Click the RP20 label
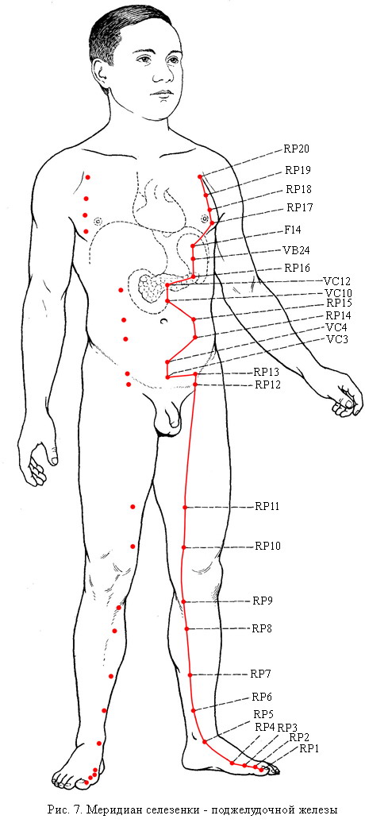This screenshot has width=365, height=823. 296,149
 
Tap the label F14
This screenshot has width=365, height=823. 293,230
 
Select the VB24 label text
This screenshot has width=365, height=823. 297,250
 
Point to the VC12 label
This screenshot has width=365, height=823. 336,281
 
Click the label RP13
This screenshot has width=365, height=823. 267,372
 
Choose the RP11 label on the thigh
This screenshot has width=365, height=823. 267,507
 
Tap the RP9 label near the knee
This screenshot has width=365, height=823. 263,601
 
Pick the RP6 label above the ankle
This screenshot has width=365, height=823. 262,697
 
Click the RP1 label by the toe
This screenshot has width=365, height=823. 309,749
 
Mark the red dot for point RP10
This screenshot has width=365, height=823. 183,547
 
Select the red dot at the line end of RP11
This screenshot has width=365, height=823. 185,507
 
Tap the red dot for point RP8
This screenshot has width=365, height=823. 186,629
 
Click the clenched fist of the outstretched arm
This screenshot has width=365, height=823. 344,400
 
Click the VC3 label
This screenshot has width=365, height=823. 335,338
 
